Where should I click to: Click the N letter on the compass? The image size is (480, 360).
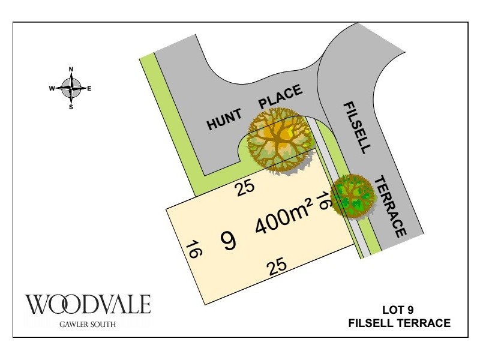point(71,69)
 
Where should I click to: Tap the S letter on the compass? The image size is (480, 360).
point(71,107)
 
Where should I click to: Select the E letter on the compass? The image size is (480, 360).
point(89,88)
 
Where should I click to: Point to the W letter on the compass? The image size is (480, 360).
point(52,88)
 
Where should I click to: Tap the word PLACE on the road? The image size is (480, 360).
point(280,96)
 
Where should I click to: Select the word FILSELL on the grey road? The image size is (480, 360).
point(358,127)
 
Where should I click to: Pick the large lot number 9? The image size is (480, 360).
point(229,241)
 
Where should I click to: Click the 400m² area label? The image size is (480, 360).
point(284,221)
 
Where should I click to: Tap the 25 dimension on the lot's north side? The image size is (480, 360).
point(245,188)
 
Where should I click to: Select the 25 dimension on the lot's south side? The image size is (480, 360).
point(277,266)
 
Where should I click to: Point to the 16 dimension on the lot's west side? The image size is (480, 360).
point(193,249)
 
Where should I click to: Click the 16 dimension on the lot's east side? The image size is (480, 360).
point(324,201)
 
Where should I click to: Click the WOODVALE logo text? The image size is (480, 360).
point(88,304)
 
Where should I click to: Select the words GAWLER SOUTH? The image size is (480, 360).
point(88,325)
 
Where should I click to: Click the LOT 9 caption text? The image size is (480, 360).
point(398,310)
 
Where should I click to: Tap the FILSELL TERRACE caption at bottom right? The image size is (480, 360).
point(399,323)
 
